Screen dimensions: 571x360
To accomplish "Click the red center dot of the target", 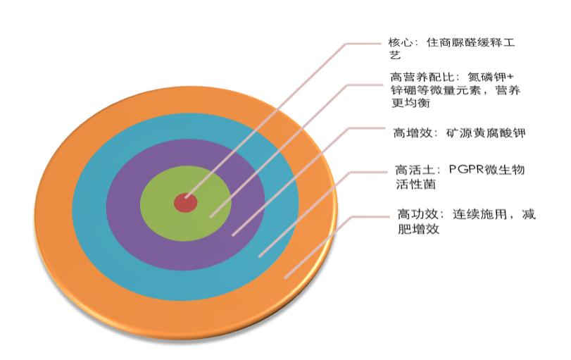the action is [185, 203].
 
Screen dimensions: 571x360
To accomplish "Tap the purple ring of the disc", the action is [127, 211].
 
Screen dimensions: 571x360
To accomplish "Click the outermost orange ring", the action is [53, 211].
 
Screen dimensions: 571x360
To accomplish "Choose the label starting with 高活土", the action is [461, 175].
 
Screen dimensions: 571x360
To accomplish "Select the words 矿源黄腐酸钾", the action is [485, 132].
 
